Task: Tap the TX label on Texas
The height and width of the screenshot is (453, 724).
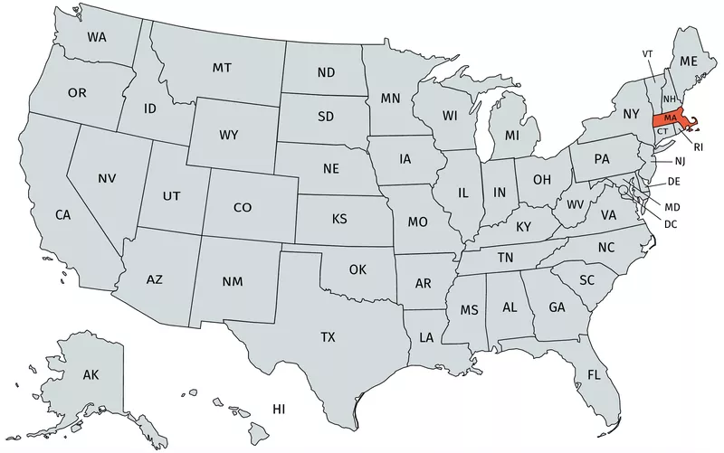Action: point(328,337)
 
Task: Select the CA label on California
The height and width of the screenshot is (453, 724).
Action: point(62,215)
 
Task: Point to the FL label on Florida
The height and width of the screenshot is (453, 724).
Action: point(594,374)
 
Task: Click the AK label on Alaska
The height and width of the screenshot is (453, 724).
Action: point(90,374)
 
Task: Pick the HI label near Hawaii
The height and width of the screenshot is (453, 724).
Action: point(279,410)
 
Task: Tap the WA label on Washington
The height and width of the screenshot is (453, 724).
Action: point(96,37)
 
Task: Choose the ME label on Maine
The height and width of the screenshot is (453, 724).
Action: point(690,61)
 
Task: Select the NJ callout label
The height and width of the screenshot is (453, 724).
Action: point(681,161)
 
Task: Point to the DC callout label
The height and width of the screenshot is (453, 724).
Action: point(671,223)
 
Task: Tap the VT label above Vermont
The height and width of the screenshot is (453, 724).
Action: point(648,54)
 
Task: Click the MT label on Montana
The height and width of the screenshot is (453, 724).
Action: point(222,68)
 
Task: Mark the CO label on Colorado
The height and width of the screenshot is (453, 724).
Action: point(243,207)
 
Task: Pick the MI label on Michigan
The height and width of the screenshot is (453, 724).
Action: point(512,136)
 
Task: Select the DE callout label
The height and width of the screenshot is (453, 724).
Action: point(673,182)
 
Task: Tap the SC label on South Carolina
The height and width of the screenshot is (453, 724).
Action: point(586,280)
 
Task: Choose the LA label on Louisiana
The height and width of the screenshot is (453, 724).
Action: point(425,337)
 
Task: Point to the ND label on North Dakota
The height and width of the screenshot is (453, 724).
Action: point(327,73)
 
